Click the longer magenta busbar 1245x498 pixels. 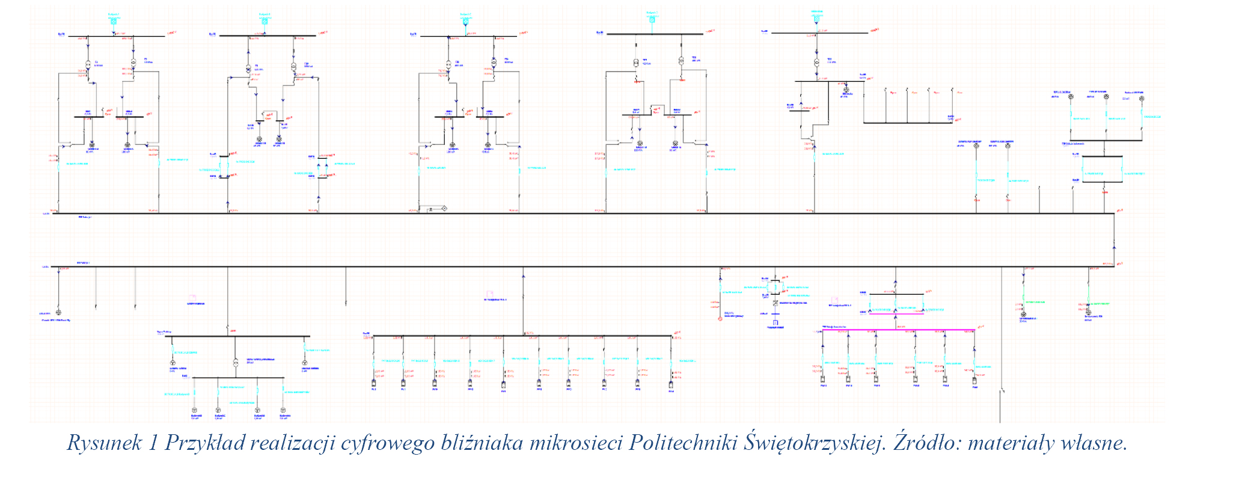pyautogui.click(x=898, y=330)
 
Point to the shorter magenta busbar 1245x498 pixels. pyautogui.click(x=896, y=313)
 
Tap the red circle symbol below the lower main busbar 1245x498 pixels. pyautogui.click(x=720, y=319)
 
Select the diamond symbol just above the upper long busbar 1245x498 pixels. pyautogui.click(x=444, y=209)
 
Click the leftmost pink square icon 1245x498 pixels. pyautogui.click(x=192, y=298)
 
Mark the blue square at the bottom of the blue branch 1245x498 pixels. pyautogui.click(x=775, y=323)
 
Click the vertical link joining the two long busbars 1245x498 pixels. pyautogui.click(x=1114, y=240)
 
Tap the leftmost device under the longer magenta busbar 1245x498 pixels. pyautogui.click(x=822, y=379)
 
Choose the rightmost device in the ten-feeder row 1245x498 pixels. pyautogui.click(x=671, y=383)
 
